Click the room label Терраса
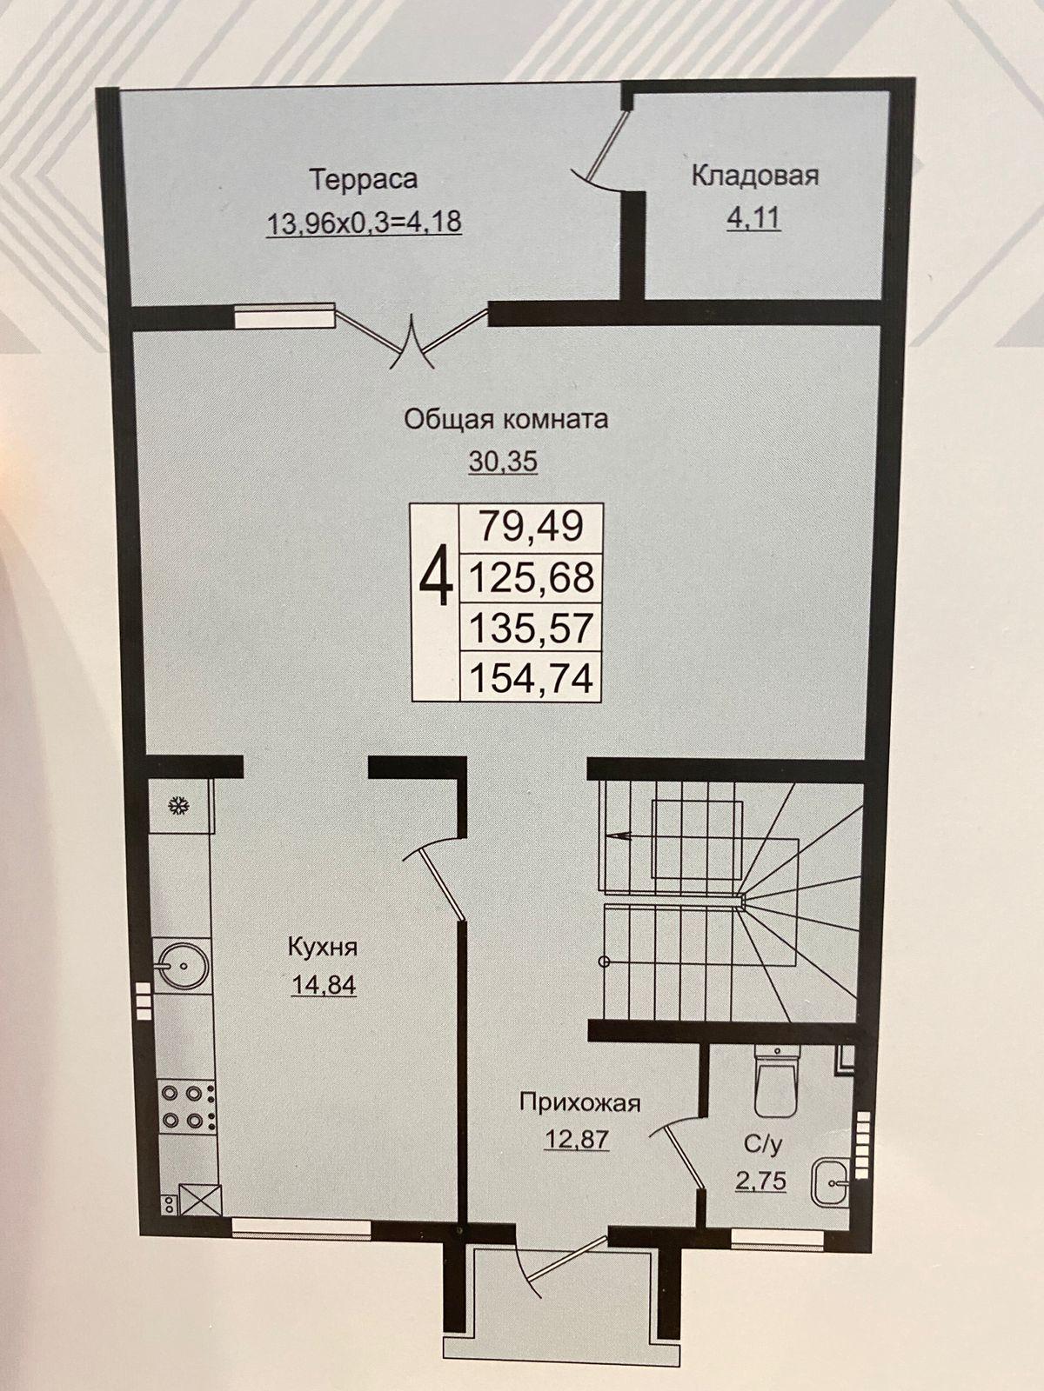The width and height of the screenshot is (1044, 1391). [x=363, y=179]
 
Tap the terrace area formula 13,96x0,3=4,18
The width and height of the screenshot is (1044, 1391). [x=364, y=223]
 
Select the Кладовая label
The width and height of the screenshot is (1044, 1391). [x=755, y=176]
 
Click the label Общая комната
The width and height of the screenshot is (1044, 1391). [x=505, y=420]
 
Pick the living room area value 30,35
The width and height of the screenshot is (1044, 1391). [x=504, y=462]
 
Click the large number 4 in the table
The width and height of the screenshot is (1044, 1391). [x=436, y=577]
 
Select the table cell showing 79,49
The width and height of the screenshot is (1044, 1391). [x=531, y=527]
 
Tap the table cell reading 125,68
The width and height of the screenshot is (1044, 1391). [x=531, y=576]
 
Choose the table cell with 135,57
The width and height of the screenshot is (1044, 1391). [x=531, y=627]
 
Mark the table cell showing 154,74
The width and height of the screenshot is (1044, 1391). [x=531, y=676]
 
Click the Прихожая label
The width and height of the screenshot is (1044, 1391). [x=579, y=1103]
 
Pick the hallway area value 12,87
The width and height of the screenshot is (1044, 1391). [x=577, y=1140]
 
